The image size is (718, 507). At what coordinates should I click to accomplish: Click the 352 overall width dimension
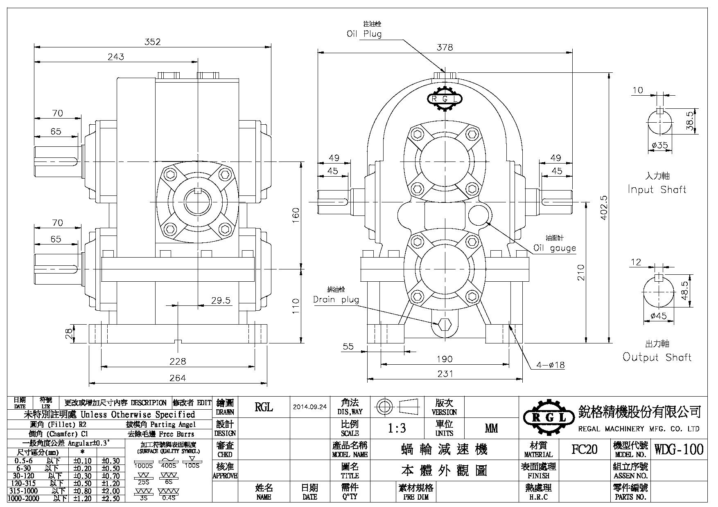(152, 42)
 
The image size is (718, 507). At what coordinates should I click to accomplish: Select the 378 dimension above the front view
(445, 47)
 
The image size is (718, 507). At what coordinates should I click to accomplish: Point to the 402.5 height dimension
(605, 207)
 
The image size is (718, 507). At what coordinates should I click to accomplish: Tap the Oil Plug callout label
(364, 34)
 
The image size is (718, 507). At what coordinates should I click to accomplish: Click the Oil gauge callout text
(554, 248)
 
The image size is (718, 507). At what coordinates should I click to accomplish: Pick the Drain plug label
(336, 300)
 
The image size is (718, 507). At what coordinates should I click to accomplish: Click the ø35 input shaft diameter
(659, 145)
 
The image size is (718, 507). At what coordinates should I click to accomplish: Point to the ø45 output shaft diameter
(658, 316)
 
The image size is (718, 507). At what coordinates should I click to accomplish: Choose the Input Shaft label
(657, 190)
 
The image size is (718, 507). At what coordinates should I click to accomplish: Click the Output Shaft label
(657, 357)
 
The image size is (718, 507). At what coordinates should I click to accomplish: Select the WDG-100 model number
(679, 449)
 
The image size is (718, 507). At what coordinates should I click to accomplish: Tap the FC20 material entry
(584, 449)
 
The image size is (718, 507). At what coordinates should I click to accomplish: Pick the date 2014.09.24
(310, 407)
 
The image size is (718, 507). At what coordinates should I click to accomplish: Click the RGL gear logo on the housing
(445, 99)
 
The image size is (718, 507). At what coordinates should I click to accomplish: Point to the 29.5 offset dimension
(221, 301)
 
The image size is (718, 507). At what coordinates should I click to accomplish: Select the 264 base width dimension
(178, 378)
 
